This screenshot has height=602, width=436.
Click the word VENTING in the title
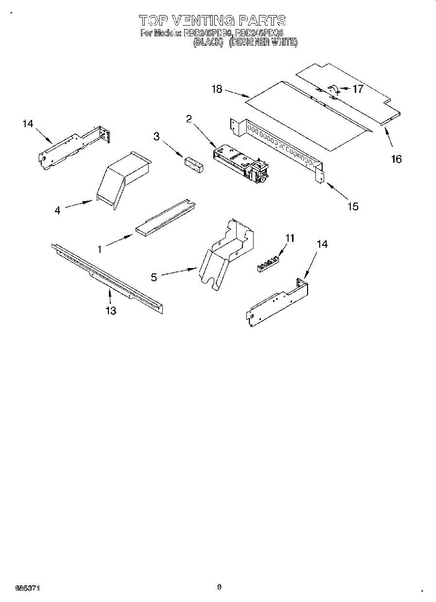click(x=203, y=21)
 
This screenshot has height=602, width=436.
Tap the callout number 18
click(x=217, y=89)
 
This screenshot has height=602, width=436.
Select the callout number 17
click(x=358, y=89)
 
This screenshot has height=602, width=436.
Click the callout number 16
click(x=396, y=159)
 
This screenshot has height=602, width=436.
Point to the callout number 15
click(x=353, y=206)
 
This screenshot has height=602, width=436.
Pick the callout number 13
click(x=111, y=311)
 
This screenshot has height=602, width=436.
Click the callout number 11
click(x=290, y=238)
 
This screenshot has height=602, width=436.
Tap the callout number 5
click(x=154, y=276)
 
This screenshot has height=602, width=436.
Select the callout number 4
click(x=58, y=211)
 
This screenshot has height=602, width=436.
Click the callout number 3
click(x=157, y=136)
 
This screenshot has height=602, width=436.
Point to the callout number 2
click(x=189, y=119)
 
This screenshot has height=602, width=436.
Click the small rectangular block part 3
click(x=194, y=165)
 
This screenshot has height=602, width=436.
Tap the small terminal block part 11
click(x=267, y=264)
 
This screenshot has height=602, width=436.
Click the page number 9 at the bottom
click(x=219, y=586)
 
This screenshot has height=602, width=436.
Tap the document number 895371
click(x=28, y=587)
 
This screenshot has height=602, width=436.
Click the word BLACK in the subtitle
click(x=208, y=43)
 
